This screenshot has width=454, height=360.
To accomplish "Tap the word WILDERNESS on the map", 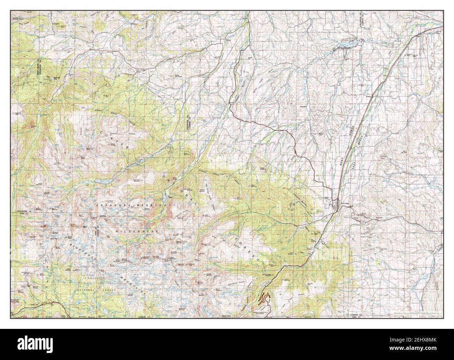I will tap(138, 231).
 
